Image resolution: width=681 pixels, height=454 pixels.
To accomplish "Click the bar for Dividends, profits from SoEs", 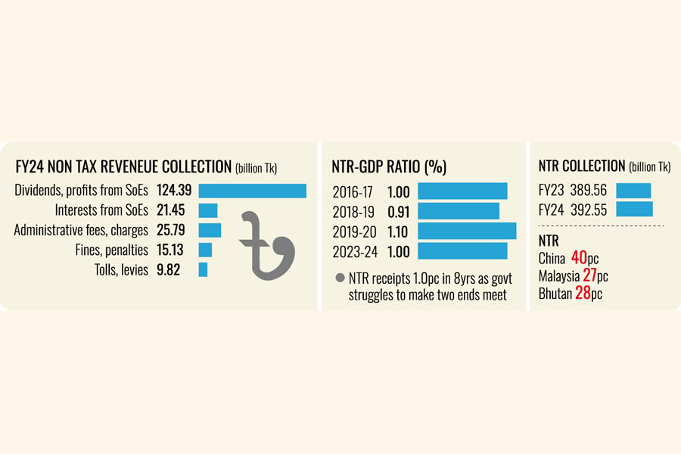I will pyautogui.click(x=252, y=191).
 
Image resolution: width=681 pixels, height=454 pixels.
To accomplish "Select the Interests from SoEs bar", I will pyautogui.click(x=207, y=210).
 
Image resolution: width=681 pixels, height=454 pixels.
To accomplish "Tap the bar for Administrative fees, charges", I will pyautogui.click(x=210, y=230).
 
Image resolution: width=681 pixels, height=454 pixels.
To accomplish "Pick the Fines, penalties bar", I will pyautogui.click(x=205, y=250).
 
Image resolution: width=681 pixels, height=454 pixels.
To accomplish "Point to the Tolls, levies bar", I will pyautogui.click(x=203, y=269).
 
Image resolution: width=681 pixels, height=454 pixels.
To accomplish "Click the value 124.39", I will pyautogui.click(x=174, y=191).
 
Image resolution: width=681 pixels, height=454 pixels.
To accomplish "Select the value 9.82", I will pyautogui.click(x=168, y=269).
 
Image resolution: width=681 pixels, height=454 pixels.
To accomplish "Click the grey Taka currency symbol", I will pyautogui.click(x=265, y=246).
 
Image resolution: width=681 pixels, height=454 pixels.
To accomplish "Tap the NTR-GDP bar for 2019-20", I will pyautogui.click(x=467, y=231).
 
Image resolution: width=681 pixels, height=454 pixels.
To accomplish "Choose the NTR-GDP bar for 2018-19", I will pyautogui.click(x=459, y=211).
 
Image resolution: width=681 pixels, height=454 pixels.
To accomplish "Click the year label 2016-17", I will pyautogui.click(x=353, y=191).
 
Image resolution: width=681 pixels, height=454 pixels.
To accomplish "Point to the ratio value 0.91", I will pyautogui.click(x=398, y=211).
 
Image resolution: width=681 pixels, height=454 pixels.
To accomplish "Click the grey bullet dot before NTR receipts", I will pyautogui.click(x=340, y=278).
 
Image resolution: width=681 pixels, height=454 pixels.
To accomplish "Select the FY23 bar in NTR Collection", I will pyautogui.click(x=633, y=191).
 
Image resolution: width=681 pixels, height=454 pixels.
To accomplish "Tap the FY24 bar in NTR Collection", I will pyautogui.click(x=634, y=210).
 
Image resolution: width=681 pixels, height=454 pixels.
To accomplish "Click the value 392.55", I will pyautogui.click(x=589, y=210).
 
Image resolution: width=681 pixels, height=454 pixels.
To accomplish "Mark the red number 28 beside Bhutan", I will pyautogui.click(x=583, y=293).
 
